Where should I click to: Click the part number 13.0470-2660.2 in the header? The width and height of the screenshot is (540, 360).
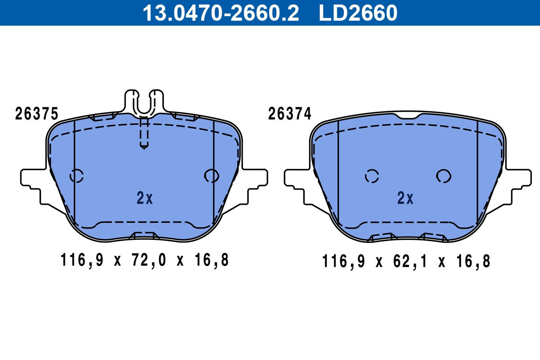[220, 13]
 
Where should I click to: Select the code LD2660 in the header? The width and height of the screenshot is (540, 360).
[358, 13]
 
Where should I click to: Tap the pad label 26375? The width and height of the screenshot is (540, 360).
[36, 114]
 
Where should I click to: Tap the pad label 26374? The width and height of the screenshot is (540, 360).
[290, 114]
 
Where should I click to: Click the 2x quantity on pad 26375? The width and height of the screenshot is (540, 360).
[145, 198]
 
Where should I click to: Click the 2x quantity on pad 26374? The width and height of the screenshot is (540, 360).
[405, 198]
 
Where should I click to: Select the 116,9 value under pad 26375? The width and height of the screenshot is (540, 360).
[81, 260]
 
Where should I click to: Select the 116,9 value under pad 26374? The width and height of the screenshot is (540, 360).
[343, 261]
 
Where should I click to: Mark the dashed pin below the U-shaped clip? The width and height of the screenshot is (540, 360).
[144, 133]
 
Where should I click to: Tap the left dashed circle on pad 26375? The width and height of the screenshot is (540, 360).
[76, 175]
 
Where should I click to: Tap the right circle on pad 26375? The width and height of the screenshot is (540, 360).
[211, 175]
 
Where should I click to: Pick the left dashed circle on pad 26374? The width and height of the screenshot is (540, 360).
[372, 176]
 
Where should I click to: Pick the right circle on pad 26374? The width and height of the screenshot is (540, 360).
[443, 176]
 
